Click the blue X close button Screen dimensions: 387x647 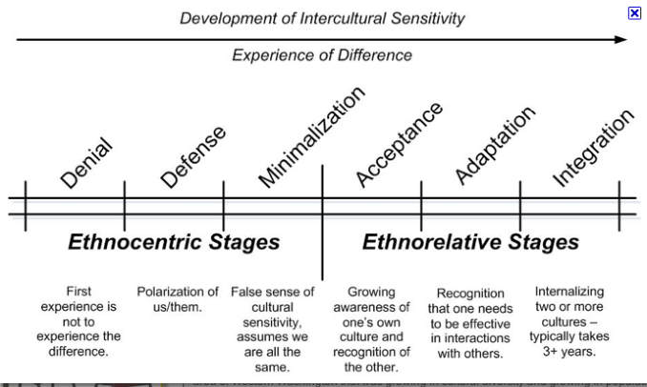[635, 12]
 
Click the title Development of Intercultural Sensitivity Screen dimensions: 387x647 [323, 18]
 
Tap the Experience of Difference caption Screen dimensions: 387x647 [323, 55]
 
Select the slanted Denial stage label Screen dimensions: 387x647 [87, 163]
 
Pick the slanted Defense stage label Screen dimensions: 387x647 [194, 156]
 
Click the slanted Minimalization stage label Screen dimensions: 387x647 [311, 137]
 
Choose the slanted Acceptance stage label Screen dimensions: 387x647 [399, 144]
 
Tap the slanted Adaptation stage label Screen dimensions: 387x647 [494, 145]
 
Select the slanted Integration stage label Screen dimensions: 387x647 [593, 147]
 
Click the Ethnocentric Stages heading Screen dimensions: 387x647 [174, 242]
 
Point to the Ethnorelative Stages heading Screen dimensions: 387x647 [470, 242]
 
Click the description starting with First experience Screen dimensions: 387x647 [79, 321]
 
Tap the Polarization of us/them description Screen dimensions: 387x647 [177, 299]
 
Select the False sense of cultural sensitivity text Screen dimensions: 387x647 [272, 329]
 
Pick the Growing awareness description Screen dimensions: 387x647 [371, 329]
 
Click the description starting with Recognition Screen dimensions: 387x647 [470, 323]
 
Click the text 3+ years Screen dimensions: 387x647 [570, 351]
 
